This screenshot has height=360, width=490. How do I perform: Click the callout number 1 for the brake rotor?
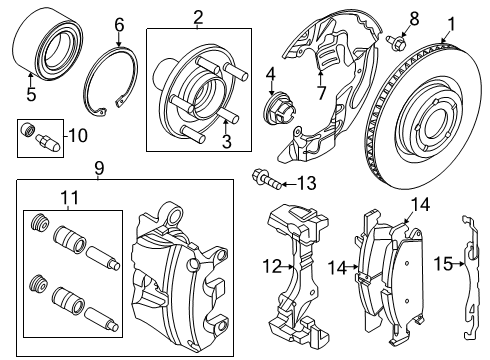pos(451,21)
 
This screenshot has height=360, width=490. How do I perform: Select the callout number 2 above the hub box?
pos(198,16)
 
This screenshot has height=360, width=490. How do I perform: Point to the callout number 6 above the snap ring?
pos(119,23)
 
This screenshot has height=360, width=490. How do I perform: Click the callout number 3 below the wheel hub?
pos(226,142)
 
